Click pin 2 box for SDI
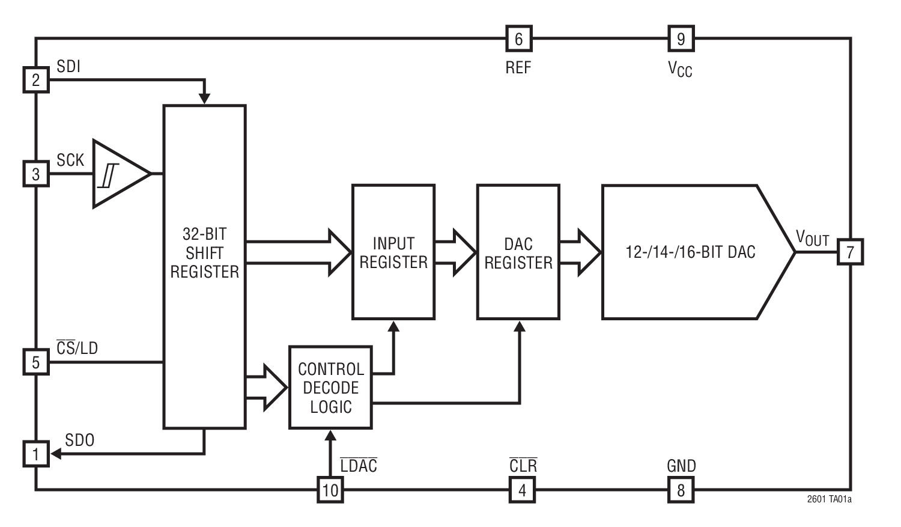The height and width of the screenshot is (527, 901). (36, 80)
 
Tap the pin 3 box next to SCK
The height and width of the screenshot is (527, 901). (36, 174)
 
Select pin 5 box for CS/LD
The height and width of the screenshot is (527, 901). (36, 362)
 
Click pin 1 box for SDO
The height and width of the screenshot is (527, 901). (36, 454)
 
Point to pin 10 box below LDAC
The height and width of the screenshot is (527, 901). (330, 490)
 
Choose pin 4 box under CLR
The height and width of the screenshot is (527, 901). (522, 490)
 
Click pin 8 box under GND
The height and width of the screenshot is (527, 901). (681, 490)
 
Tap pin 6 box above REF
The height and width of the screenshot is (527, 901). (518, 39)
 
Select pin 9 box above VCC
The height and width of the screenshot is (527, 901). (681, 39)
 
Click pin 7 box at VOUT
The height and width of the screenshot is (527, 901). (850, 252)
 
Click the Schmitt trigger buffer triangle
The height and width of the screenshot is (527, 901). (117, 174)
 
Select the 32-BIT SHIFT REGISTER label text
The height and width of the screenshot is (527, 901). (204, 253)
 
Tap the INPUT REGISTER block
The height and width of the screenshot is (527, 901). (393, 252)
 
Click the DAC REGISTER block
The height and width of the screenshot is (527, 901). (518, 252)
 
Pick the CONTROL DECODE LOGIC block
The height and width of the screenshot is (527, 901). (330, 388)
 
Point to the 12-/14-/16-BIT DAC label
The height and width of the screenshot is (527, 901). (690, 252)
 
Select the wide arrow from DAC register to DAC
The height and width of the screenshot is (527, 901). (580, 252)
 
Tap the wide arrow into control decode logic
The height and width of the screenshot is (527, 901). (267, 388)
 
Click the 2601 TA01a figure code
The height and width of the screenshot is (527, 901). (829, 499)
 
